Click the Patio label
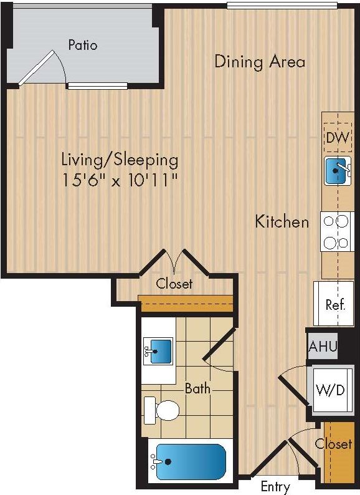[x=83, y=45]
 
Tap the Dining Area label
[x=260, y=62]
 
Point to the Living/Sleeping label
[x=120, y=160]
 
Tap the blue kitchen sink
[x=336, y=171]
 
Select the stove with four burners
[x=336, y=231]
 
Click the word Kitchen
[x=282, y=221]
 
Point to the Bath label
[x=197, y=388]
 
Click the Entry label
[x=275, y=486]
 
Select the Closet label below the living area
[x=174, y=284]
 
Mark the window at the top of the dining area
[x=282, y=6]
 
